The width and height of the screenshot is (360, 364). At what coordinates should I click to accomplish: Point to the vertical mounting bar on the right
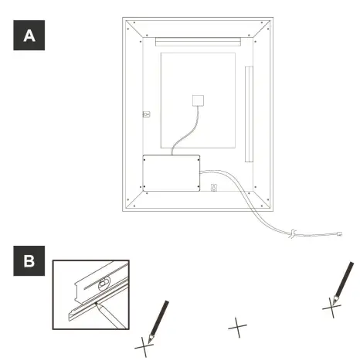[x=248, y=114]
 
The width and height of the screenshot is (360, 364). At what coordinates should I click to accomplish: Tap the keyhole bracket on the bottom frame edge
[x=215, y=186]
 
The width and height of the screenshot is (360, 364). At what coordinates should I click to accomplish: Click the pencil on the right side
[x=343, y=282]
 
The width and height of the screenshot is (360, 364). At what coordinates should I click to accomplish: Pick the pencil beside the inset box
[x=158, y=319]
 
